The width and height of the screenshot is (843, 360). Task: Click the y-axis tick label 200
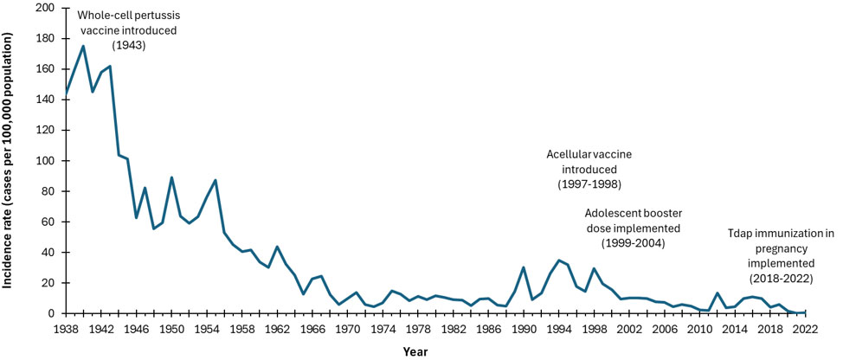tap(45, 8)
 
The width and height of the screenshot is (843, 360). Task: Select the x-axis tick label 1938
tap(67, 330)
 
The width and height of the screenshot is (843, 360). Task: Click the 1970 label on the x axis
tap(348, 330)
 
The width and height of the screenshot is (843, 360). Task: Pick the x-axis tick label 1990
tap(524, 330)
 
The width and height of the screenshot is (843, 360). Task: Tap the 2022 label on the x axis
tap(805, 330)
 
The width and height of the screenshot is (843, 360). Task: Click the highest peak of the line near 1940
tap(83, 46)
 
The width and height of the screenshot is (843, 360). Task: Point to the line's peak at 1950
tap(171, 177)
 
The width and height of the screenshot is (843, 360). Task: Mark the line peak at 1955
tap(216, 180)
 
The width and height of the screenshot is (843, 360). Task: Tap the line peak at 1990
tap(524, 267)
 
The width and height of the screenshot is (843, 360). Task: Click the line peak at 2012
tap(718, 293)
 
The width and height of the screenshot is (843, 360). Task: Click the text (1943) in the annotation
tap(127, 44)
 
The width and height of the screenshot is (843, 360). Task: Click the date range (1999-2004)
tap(632, 243)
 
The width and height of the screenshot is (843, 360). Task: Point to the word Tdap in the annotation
tap(739, 232)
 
